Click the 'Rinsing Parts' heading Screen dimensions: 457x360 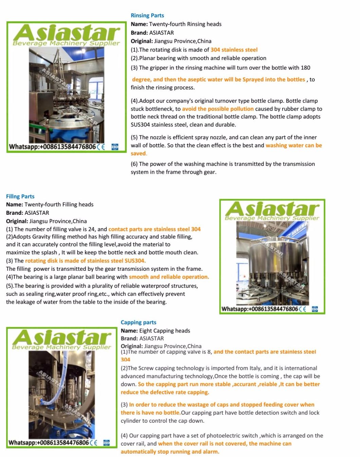(147, 15)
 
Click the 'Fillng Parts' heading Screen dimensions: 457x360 (20, 196)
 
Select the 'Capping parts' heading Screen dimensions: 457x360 (138, 322)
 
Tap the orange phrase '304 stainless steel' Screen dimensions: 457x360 (234, 50)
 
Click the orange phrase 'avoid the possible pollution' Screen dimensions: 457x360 (218, 109)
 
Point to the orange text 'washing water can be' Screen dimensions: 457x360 (293, 145)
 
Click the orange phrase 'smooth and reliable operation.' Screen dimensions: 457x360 (169, 277)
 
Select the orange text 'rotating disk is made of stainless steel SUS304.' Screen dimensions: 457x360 (85, 261)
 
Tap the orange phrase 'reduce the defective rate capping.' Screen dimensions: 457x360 (165, 392)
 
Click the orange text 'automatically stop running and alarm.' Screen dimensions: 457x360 (170, 452)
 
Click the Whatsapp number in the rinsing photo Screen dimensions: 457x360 (52, 147)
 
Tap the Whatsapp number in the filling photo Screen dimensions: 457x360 (259, 309)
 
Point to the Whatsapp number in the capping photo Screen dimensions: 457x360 (49, 442)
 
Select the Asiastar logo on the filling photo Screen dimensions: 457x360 (272, 211)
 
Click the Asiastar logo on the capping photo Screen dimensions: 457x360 (61, 339)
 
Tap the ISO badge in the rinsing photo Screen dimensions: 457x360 (115, 147)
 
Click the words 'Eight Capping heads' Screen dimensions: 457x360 (164, 330)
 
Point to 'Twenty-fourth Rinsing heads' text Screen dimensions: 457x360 (185, 24)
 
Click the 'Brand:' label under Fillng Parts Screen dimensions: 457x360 (14, 213)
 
